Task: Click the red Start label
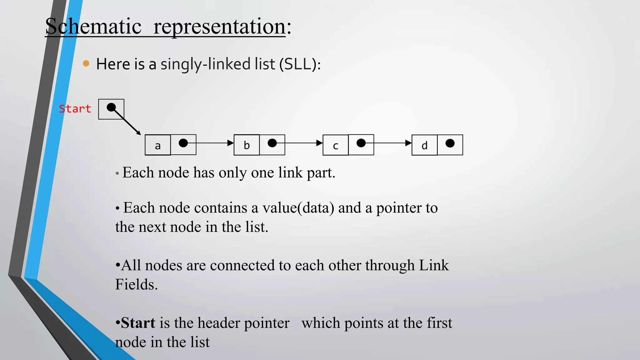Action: click(x=75, y=109)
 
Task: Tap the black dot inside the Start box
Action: click(x=111, y=107)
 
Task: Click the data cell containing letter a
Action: click(x=158, y=145)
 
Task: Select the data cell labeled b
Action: click(x=247, y=145)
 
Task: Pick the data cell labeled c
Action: click(x=335, y=145)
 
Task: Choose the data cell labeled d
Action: click(x=424, y=145)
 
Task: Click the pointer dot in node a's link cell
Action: click(x=183, y=143)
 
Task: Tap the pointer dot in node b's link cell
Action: click(x=272, y=143)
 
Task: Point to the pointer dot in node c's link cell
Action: click(x=361, y=143)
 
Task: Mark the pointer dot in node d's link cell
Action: click(x=450, y=143)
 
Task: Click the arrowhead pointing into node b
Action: click(x=231, y=143)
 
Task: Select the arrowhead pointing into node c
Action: click(x=319, y=143)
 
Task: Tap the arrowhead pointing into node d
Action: click(x=408, y=143)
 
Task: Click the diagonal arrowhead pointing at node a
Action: click(x=138, y=133)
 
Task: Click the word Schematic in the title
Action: click(x=93, y=26)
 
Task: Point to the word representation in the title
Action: click(x=219, y=26)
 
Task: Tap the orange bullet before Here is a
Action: click(x=86, y=64)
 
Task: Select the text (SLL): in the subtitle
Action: click(x=300, y=64)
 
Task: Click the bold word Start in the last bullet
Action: click(x=138, y=323)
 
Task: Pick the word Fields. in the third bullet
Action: click(x=136, y=284)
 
